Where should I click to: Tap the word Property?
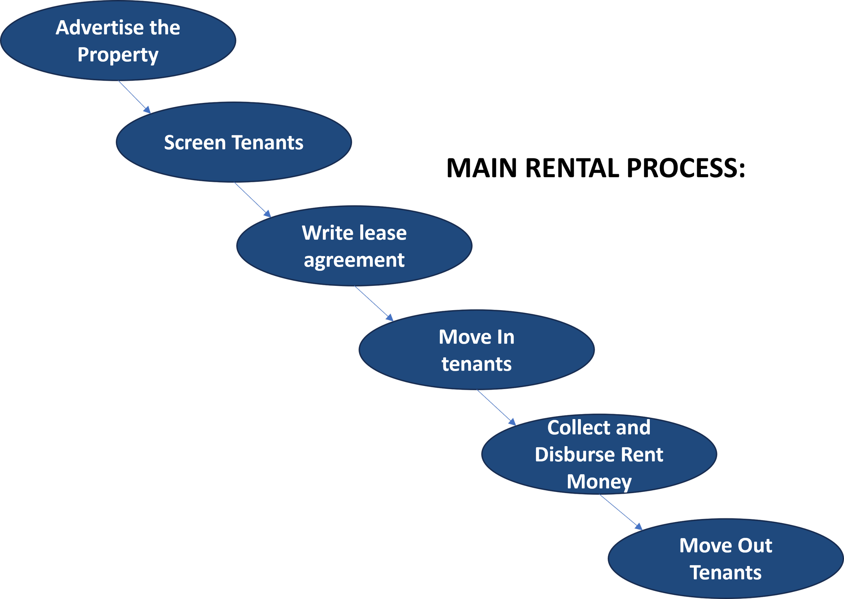[x=118, y=55]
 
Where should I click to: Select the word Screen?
[x=194, y=143]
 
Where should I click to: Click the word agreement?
[x=354, y=261]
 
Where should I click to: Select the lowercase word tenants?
[x=477, y=364]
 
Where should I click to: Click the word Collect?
[x=578, y=428]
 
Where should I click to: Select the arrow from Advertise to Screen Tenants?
[x=134, y=97]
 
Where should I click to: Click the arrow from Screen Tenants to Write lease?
[x=252, y=199]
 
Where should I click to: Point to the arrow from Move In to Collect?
[x=496, y=408]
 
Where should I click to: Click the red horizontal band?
[x=590, y=124]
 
